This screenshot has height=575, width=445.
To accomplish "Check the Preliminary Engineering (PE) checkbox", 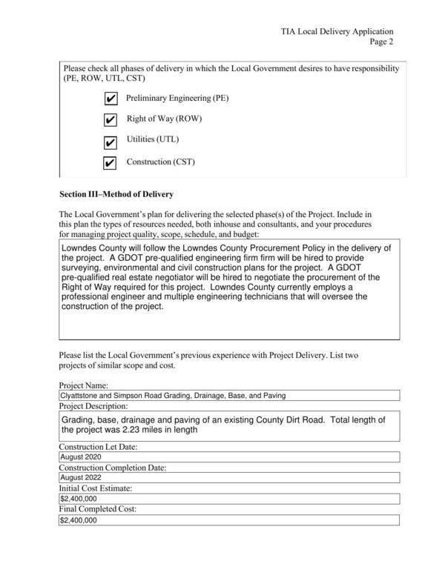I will [x=110, y=99].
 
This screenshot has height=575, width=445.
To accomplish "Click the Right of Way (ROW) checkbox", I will [x=110, y=120].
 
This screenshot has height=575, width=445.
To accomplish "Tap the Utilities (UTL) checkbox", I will [x=110, y=142].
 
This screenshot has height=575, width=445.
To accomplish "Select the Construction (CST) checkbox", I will [x=110, y=163].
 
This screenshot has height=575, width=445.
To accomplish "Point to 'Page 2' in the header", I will [x=380, y=42].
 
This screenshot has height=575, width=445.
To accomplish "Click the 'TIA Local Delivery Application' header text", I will [x=337, y=32].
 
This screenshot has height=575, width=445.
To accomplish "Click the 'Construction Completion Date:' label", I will [x=112, y=468].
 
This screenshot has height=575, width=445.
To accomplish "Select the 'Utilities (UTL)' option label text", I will [x=153, y=139].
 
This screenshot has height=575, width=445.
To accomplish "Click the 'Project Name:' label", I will [x=84, y=385].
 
